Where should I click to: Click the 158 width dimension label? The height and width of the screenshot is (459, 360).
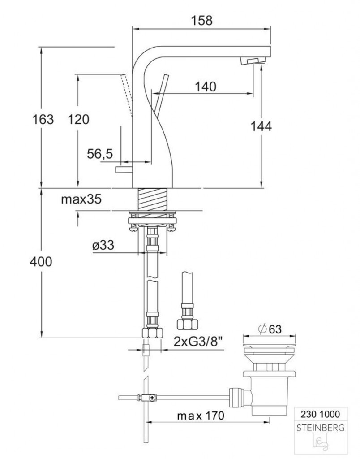click(201, 21)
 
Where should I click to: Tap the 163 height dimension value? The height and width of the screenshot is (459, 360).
click(43, 119)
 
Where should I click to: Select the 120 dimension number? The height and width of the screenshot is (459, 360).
click(78, 119)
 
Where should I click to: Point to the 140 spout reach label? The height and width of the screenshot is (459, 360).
click(206, 87)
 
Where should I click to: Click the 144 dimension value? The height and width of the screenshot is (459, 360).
click(261, 126)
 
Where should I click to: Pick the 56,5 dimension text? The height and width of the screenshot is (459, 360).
click(100, 154)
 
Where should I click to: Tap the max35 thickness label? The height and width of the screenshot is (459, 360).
click(81, 199)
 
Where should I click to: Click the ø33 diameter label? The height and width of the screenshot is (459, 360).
click(103, 245)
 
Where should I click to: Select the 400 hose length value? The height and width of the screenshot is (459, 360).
click(41, 261)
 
